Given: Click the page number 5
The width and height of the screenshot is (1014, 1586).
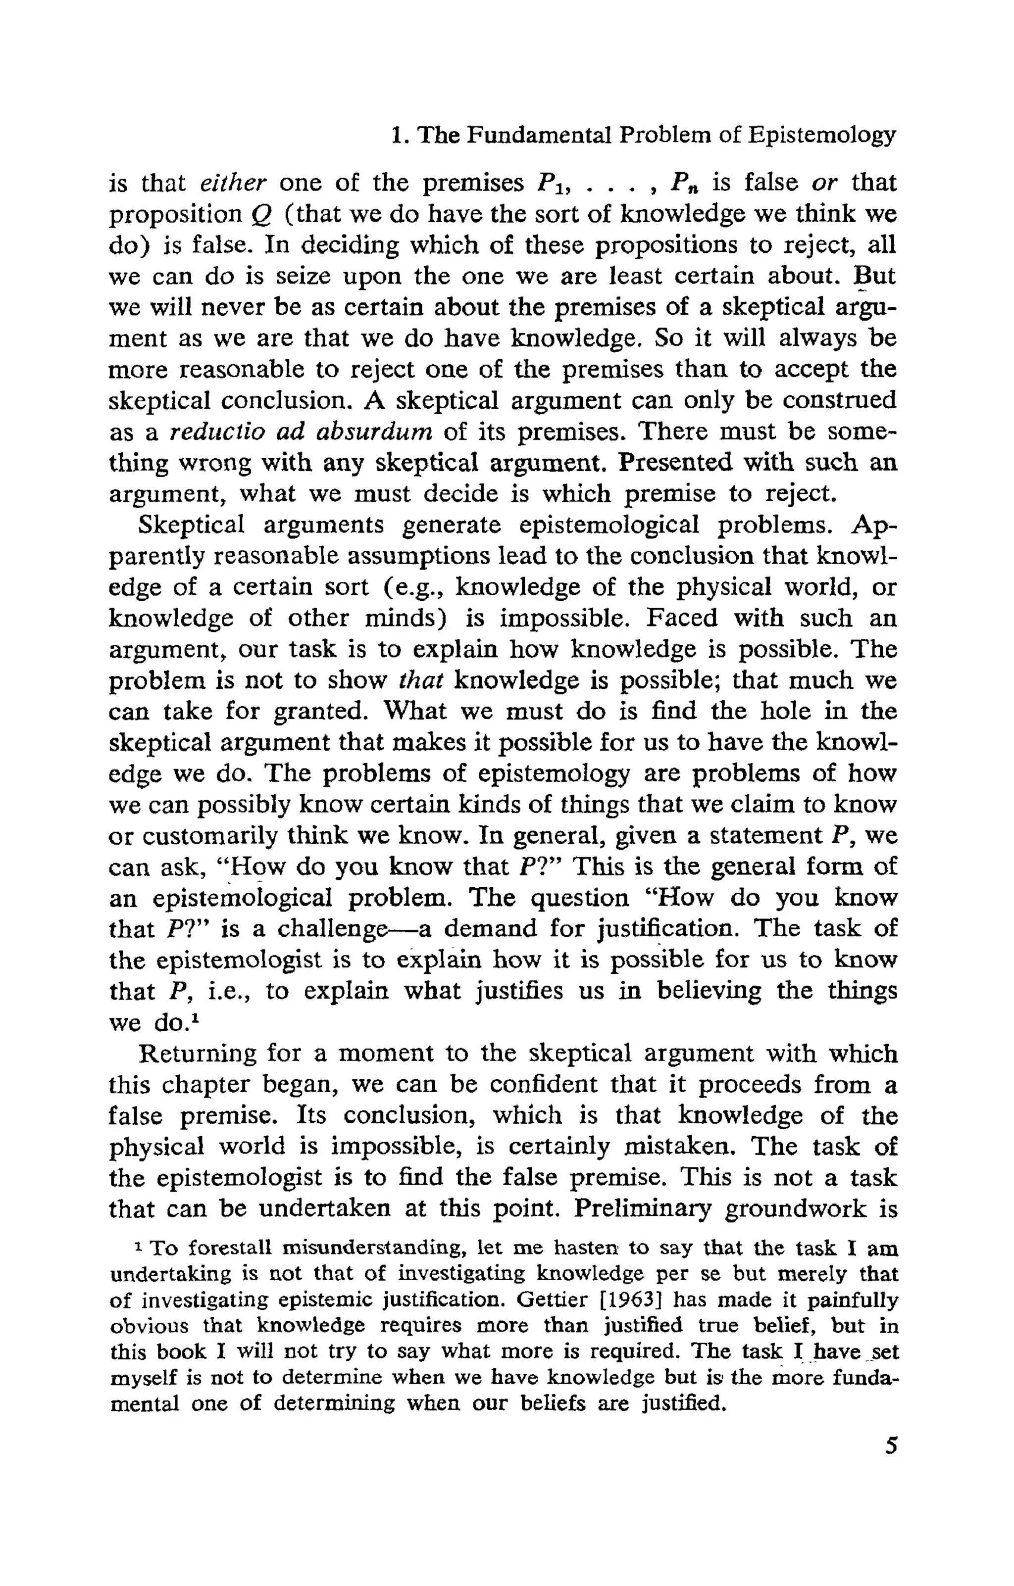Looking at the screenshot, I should (x=890, y=1446).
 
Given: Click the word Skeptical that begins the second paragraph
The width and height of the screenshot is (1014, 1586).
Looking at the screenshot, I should (x=191, y=526).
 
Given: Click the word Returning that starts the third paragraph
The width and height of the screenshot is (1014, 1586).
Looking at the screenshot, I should (x=198, y=1054).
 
